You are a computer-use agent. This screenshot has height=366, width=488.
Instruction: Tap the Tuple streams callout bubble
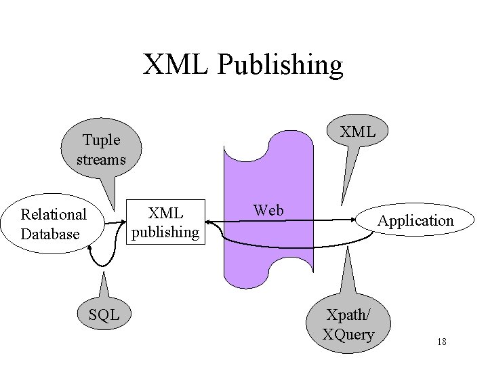point(102,150)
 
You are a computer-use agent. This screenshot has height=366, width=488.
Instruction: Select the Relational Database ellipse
point(54,224)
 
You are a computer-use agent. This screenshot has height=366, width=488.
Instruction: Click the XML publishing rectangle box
point(165,222)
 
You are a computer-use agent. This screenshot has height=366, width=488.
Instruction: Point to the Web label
point(268,210)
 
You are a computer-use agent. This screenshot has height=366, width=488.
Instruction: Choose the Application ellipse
point(415,220)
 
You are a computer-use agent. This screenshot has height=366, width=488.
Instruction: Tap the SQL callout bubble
point(104,314)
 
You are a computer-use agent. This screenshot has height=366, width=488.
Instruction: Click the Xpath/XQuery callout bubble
point(348,324)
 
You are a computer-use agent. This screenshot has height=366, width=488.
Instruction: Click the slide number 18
point(441,342)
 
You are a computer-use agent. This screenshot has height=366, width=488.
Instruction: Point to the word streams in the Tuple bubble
point(102,160)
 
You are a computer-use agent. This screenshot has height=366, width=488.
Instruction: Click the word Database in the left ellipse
point(50,234)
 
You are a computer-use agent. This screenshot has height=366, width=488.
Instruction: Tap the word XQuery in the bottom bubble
point(348,334)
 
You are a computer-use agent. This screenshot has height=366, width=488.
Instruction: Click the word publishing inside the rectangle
point(165,232)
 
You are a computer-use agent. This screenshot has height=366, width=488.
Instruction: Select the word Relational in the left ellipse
point(54,214)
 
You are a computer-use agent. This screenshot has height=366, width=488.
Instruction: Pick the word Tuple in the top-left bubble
point(102,140)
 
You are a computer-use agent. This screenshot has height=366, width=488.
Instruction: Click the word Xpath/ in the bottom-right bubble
point(348,314)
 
